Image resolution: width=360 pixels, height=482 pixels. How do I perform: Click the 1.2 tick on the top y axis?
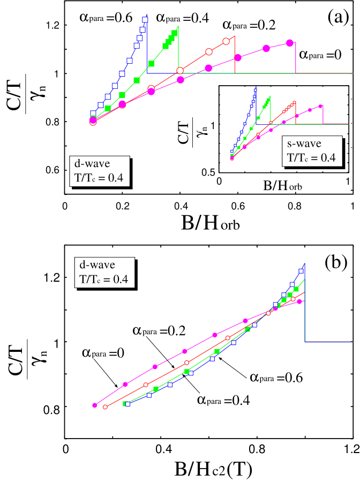(x=52, y=25)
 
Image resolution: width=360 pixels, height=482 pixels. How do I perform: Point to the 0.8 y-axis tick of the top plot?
(x=52, y=122)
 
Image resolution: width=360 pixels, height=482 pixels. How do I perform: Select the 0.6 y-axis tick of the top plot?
(x=52, y=170)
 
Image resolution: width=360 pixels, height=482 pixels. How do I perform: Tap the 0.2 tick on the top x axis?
(x=122, y=206)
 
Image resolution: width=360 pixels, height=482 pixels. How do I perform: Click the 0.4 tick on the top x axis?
(x=181, y=206)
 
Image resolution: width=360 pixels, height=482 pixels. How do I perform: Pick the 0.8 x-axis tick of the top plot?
(x=294, y=206)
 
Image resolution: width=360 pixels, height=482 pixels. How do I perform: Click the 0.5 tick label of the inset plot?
(x=208, y=172)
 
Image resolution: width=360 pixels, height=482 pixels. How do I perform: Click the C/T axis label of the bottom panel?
(x=14, y=359)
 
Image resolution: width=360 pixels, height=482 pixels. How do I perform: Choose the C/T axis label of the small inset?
(x=183, y=132)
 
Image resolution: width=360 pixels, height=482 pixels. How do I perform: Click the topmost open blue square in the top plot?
(x=145, y=20)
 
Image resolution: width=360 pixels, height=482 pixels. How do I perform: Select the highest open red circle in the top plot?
(x=226, y=41)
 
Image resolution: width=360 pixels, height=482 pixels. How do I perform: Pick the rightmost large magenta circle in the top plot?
(x=290, y=42)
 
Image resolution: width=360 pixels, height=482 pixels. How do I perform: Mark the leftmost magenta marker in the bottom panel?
(x=95, y=405)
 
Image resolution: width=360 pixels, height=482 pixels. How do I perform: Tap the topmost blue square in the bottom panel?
(x=301, y=271)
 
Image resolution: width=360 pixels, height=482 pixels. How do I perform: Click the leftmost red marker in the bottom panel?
(x=105, y=407)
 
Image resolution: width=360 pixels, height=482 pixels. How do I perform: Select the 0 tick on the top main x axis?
(x=64, y=206)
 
